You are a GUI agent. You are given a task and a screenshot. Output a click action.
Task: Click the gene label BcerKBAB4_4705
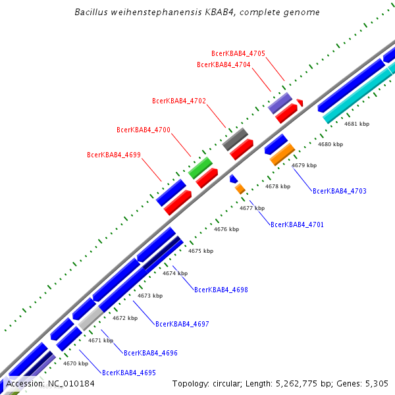pos(238,53)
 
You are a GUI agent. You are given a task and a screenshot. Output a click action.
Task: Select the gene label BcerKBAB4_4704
pos(224,65)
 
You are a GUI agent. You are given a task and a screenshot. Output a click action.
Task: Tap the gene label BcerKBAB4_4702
pos(179,101)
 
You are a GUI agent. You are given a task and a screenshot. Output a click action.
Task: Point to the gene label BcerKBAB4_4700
pos(144,130)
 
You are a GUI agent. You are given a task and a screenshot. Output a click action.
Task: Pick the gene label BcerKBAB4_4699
pos(114,155)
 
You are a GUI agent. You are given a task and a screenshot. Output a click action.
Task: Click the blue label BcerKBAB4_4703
pos(340,191)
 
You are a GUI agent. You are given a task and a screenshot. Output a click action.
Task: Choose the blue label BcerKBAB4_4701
pos(297,224)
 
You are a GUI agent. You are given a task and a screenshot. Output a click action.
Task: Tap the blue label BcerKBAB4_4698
pos(221,290)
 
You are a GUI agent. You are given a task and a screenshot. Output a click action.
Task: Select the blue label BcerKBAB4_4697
pos(182,324)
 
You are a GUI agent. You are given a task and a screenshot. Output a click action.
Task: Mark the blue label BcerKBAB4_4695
pos(129,373)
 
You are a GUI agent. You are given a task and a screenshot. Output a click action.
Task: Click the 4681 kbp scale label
pos(357,124)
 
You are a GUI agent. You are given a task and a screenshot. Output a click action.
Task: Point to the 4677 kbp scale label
pos(252,208)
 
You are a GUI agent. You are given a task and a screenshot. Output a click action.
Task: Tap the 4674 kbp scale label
pos(175,273)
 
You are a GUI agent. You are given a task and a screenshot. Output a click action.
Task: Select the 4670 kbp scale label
pos(76,363)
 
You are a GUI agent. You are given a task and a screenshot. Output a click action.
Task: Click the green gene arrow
pos(200,167)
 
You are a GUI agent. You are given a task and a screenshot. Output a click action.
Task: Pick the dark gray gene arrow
pos(235,139)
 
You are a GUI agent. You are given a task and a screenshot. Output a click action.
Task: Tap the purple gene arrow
pos(280,103)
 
